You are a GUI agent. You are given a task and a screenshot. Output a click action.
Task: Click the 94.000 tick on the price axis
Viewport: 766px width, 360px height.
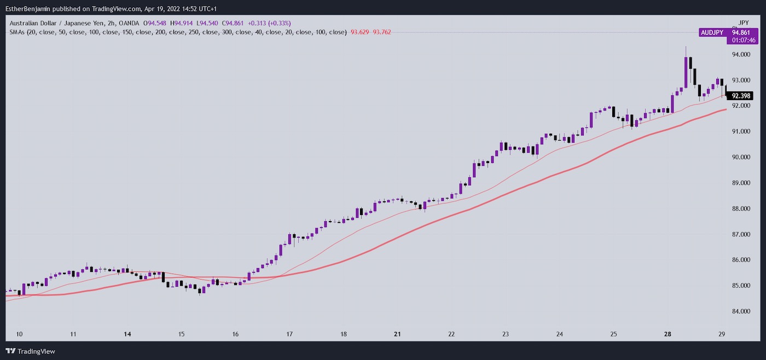[741, 54]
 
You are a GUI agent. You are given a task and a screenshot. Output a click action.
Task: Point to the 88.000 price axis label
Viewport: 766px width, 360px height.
[741, 208]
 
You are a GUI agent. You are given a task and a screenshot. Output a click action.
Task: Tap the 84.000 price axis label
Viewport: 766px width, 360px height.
[741, 311]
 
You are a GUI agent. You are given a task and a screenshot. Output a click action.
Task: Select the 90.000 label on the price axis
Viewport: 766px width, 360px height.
[741, 157]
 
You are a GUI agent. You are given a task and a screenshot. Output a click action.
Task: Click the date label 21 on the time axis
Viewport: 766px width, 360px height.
[398, 334]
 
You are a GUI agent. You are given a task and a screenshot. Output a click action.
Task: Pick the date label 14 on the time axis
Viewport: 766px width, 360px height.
[127, 334]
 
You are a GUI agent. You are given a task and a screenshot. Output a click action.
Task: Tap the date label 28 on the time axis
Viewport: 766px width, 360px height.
[668, 334]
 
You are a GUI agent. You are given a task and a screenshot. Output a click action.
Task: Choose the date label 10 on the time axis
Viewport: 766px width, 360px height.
[20, 334]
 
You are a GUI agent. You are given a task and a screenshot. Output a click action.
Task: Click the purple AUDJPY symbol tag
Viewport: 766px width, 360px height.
[712, 33]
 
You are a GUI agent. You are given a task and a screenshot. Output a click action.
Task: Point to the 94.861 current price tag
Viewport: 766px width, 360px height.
[743, 33]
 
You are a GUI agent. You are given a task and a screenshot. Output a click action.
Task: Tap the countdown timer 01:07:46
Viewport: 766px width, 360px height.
[743, 40]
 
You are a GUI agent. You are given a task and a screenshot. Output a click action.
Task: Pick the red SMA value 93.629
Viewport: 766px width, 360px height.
[360, 32]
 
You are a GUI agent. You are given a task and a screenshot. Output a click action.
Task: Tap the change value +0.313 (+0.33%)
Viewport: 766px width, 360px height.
[269, 23]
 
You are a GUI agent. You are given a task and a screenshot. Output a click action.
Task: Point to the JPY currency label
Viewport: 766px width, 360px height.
[743, 22]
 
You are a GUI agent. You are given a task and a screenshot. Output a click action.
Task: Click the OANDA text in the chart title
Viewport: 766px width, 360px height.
[129, 23]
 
